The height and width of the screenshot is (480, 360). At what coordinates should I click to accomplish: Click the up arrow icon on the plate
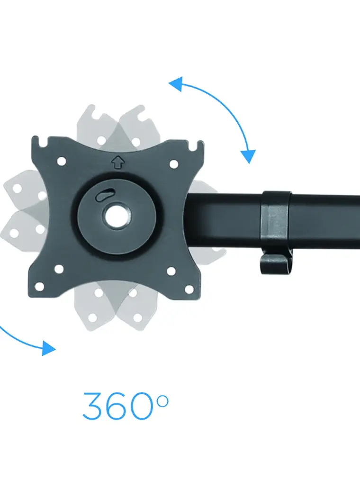118,163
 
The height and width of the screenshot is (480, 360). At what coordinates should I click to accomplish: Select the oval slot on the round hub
105,195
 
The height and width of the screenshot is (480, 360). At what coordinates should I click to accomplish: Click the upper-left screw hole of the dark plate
62,161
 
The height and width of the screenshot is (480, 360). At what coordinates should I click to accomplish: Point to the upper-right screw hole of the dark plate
173,164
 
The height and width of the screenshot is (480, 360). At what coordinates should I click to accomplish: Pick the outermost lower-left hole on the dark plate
39,287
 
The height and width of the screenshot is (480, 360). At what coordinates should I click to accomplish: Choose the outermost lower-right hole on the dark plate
189,289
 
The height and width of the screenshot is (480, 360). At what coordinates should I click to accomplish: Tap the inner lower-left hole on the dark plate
59,269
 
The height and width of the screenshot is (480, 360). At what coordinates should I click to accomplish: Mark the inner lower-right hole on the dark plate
171,271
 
